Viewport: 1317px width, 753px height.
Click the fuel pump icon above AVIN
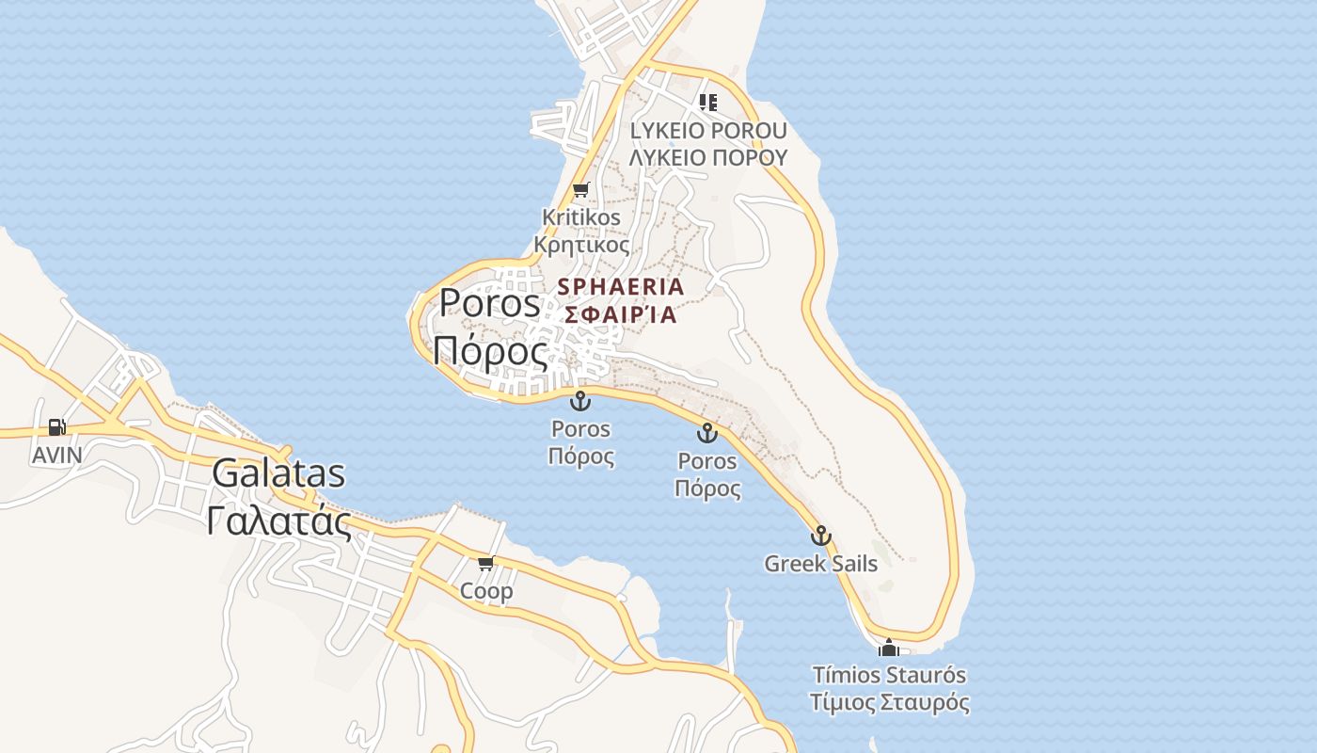click(57, 427)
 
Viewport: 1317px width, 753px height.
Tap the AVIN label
click(57, 456)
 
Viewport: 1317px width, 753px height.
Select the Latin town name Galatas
click(278, 473)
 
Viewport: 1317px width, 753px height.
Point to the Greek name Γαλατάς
click(278, 520)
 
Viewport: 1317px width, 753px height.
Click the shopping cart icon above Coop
click(485, 563)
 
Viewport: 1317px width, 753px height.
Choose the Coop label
click(486, 591)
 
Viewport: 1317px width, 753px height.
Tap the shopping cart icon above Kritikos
click(581, 189)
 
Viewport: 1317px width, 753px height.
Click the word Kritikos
click(581, 217)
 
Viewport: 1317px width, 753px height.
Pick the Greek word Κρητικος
click(581, 245)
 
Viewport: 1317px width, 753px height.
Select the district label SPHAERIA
click(621, 286)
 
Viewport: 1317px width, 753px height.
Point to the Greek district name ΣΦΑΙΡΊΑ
click(621, 314)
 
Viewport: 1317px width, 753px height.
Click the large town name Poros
click(490, 303)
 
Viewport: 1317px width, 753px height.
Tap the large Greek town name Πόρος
click(490, 350)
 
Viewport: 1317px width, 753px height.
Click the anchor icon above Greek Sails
click(821, 536)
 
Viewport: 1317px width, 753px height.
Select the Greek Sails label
click(821, 564)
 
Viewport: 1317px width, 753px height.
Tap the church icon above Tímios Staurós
click(888, 648)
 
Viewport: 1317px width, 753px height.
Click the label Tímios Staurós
click(889, 675)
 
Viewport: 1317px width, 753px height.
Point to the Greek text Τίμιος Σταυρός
click(889, 703)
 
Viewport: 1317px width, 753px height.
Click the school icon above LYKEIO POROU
click(707, 102)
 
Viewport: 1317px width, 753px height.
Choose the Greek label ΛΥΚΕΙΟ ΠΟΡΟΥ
click(707, 157)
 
